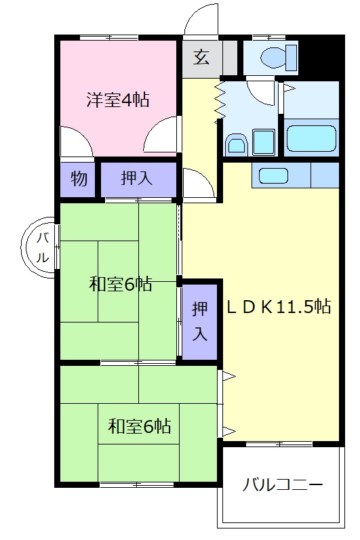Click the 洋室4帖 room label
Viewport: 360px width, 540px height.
[x=117, y=100]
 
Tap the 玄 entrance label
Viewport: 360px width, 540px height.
[x=201, y=57]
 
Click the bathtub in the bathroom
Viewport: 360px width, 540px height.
[x=311, y=138]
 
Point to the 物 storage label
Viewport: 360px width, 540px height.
[x=79, y=180]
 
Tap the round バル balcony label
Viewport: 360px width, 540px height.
[x=41, y=247]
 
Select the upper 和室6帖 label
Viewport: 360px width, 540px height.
[x=120, y=284]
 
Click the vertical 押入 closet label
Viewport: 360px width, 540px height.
[x=199, y=321]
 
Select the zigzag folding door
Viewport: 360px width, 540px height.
[x=220, y=102]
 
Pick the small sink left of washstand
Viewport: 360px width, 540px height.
[x=235, y=144]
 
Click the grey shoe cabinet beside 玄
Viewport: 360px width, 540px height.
[x=231, y=57]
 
